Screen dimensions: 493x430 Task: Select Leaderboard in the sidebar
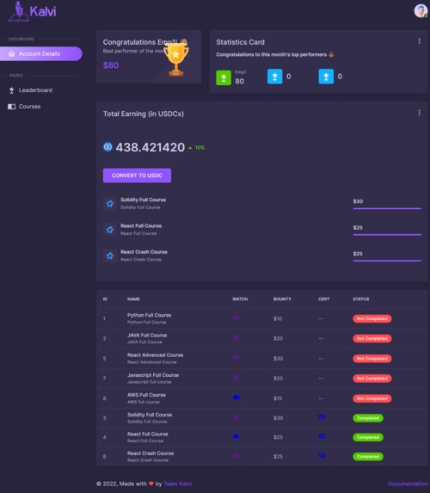[35, 89]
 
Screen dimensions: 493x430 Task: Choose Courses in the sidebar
[29, 107]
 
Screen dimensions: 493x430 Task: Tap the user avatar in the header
[420, 10]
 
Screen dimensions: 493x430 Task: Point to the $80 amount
[111, 65]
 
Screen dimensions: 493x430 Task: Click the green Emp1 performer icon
[223, 77]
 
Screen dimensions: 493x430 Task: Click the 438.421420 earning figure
[150, 147]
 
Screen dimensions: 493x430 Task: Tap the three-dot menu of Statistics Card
[420, 41]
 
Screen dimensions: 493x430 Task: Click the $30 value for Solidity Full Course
[359, 201]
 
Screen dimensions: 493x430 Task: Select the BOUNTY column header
[282, 299]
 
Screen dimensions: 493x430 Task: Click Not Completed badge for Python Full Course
[372, 318]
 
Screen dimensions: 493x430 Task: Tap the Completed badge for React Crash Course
[368, 457]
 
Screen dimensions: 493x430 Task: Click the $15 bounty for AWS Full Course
[278, 397]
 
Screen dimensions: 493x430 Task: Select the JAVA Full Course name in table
[147, 336]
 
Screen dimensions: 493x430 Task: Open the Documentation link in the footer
[407, 484]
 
